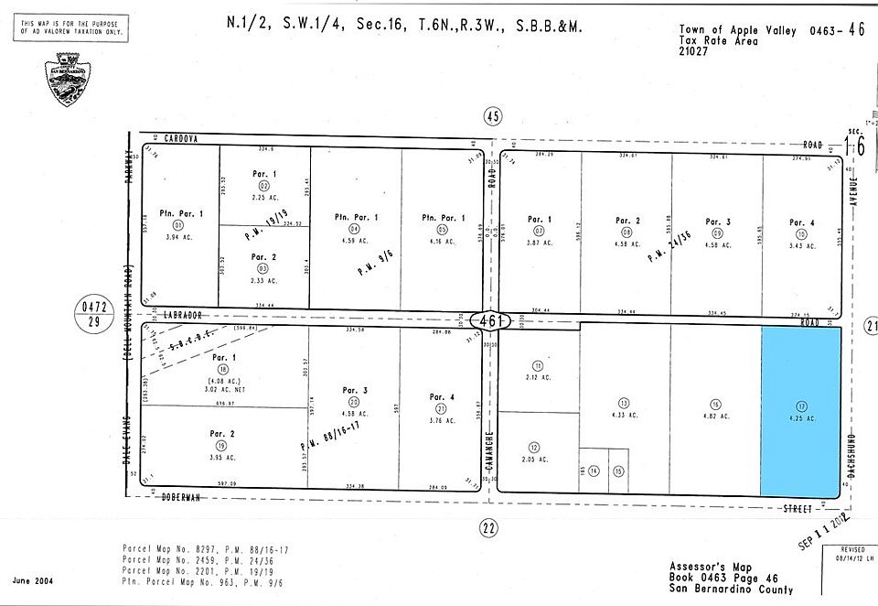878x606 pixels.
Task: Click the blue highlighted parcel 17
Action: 801,412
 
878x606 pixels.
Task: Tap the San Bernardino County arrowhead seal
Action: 67,80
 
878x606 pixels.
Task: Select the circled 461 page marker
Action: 492,322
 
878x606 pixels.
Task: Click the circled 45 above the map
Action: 493,116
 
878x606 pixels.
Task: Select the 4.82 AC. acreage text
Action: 715,416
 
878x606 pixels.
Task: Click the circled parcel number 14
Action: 594,471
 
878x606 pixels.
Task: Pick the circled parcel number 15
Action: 618,471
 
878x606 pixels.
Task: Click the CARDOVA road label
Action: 182,138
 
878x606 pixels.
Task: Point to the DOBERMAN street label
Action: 182,497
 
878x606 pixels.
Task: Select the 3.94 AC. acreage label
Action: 178,237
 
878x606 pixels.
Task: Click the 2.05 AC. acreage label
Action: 538,459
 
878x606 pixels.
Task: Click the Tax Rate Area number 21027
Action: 693,51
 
